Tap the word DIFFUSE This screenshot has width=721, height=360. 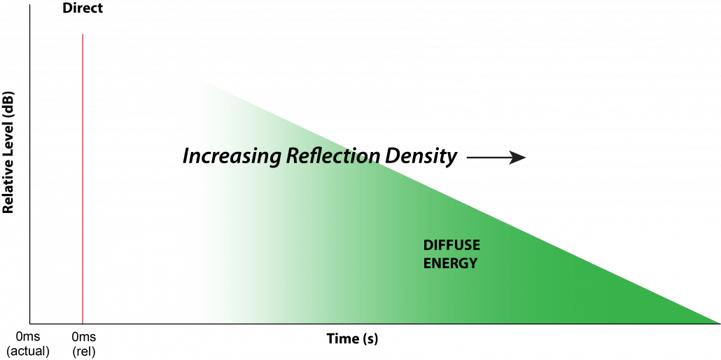451,246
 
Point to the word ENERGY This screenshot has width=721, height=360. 450,264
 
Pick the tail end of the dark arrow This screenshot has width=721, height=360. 468,158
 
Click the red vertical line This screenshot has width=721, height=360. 83,179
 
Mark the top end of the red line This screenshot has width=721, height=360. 83,34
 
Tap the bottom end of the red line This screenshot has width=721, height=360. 83,323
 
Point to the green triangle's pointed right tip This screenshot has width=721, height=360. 718,322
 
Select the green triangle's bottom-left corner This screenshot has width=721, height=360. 184,322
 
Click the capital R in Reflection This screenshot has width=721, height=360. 292,156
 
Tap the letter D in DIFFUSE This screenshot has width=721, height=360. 428,246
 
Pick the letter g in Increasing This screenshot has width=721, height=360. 274,159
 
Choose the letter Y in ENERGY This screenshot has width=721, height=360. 472,264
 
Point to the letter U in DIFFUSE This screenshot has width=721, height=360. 458,246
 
